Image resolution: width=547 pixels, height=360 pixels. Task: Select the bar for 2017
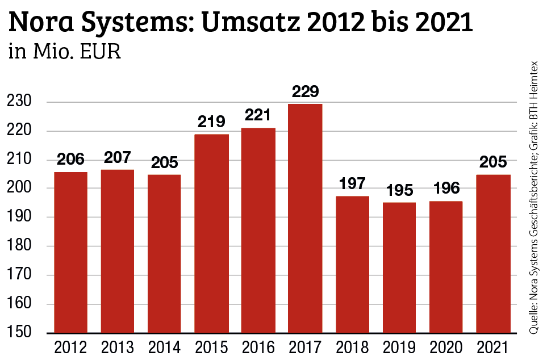coord(305,218)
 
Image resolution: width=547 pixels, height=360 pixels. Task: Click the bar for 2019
coord(399,267)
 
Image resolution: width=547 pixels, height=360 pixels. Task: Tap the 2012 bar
coord(70,252)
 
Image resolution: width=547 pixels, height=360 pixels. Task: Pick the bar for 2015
coord(211,233)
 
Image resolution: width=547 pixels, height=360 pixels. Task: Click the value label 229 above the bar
coord(305,91)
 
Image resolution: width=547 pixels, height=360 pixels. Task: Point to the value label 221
coord(258,115)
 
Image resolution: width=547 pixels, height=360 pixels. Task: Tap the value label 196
coord(446,189)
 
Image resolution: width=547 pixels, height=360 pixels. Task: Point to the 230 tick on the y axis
coord(18,102)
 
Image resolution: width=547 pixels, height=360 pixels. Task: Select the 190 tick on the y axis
coord(18,217)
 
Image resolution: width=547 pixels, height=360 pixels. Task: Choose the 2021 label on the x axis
coord(492,347)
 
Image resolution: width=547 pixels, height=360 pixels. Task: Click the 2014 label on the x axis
coord(164,347)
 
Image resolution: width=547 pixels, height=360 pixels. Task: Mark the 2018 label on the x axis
coord(352,347)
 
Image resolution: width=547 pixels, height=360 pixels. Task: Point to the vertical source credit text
coord(534,196)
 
